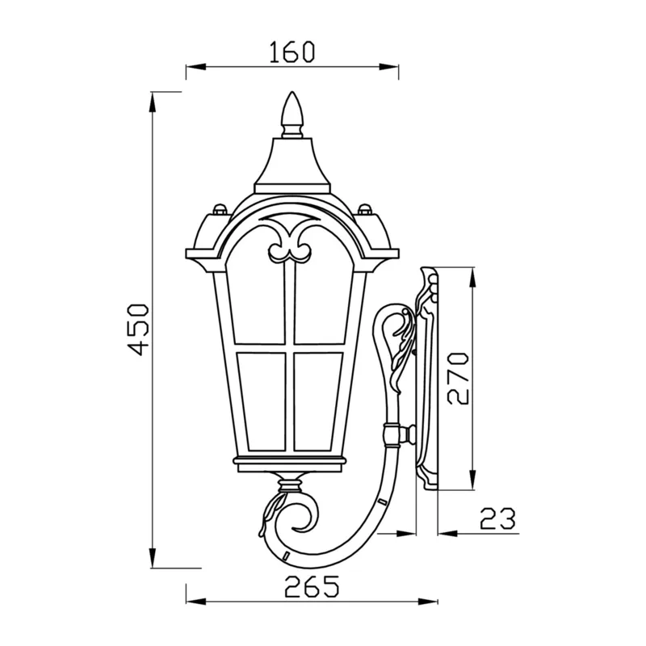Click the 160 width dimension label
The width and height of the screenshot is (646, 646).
pos(292,52)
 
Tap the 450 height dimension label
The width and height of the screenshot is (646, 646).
pos(137,329)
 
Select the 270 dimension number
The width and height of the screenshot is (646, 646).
pos(458,378)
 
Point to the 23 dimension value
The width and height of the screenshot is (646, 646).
pos(497,518)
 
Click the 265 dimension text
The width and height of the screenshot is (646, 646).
pos(312,586)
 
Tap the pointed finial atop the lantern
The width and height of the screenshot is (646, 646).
pos(292,114)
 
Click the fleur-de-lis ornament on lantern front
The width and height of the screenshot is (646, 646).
pos(290,242)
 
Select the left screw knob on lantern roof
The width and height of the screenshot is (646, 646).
pos(220,209)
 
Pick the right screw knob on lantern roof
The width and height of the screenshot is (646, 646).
pos(365,209)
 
